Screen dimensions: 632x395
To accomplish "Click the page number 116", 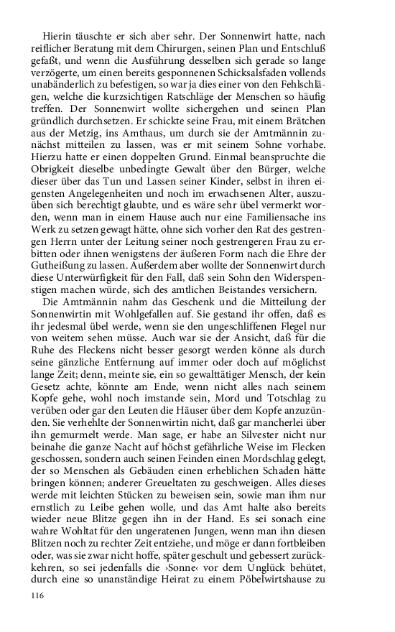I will [x=38, y=595].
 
